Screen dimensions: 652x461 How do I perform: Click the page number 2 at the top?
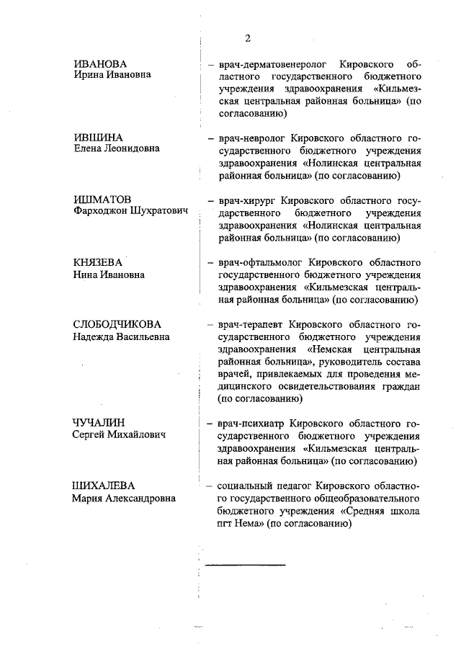click(247, 38)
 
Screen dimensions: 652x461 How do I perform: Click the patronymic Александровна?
click(140, 498)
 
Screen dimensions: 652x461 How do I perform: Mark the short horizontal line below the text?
click(245, 563)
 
